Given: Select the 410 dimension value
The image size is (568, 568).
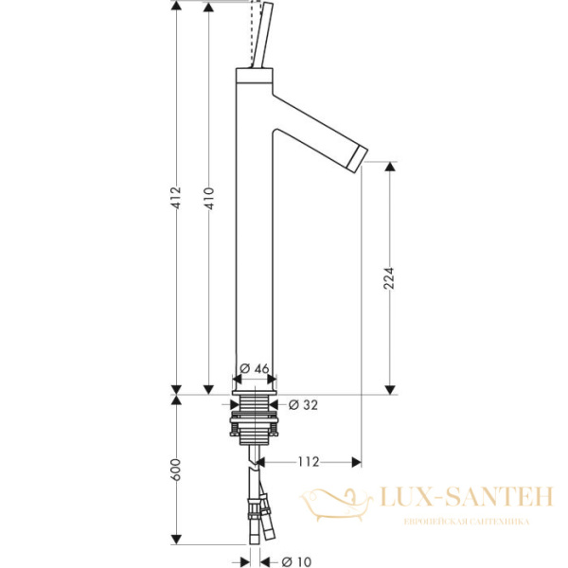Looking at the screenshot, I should pos(209,197).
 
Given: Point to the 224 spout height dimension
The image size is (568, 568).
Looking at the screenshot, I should pos(388,277).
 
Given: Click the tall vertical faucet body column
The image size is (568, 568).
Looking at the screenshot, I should pos(253,237).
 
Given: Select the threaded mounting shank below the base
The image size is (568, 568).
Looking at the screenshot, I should pos(255,417).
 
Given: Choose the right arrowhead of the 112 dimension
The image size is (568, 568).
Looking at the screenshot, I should pos(357,462).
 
